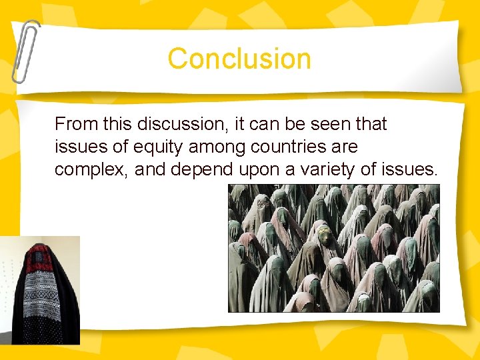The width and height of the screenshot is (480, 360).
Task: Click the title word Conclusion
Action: (239, 59)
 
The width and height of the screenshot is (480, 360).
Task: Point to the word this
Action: (112, 124)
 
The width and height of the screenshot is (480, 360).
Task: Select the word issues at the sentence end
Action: (408, 170)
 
